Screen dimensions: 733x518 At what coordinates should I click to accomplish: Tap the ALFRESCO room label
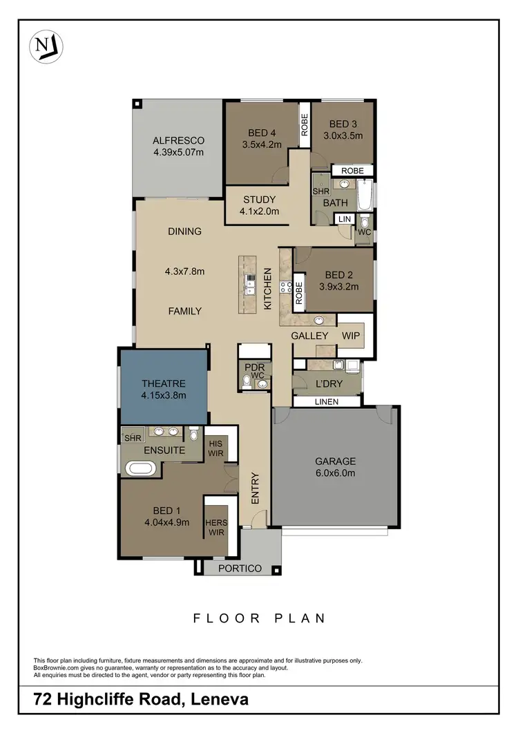[x=178, y=140]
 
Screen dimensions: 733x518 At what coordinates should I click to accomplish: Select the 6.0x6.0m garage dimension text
[x=335, y=473]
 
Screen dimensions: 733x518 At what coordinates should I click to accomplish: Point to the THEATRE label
[x=164, y=383]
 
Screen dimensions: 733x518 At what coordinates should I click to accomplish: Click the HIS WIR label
[x=215, y=447]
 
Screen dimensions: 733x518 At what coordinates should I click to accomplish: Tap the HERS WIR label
[x=215, y=528]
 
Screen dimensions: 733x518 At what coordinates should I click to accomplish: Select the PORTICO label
[x=240, y=569]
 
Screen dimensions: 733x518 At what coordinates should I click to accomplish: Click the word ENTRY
[x=255, y=488]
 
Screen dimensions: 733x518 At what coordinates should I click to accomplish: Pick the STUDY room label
[x=259, y=200]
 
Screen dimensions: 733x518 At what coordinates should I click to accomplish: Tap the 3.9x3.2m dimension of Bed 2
[x=339, y=287]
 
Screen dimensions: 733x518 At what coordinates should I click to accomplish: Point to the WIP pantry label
[x=352, y=335]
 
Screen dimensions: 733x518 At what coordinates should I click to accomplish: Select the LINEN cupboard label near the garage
[x=327, y=401]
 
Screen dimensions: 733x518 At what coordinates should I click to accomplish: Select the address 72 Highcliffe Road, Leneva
[x=142, y=700]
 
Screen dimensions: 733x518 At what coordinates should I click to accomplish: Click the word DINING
[x=184, y=231]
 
